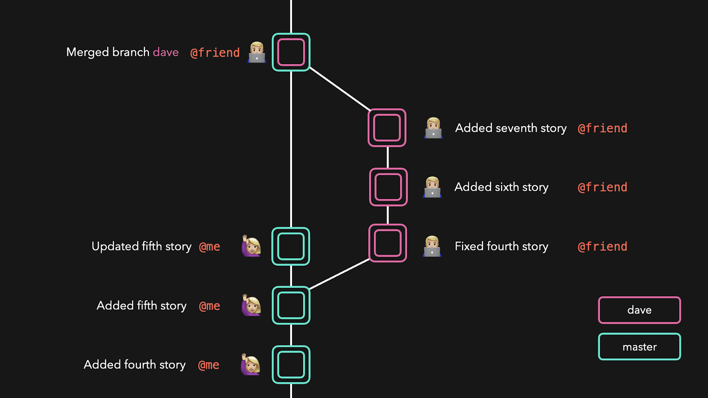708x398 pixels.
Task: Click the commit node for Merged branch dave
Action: (x=291, y=34)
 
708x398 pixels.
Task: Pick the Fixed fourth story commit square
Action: (x=388, y=225)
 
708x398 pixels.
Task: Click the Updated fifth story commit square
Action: (x=291, y=228)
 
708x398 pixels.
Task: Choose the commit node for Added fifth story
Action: (x=291, y=287)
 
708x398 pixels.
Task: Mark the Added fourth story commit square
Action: (x=291, y=347)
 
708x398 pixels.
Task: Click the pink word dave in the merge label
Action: (x=165, y=52)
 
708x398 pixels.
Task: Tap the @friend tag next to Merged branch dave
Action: (x=215, y=53)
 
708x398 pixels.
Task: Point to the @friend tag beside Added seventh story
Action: (x=602, y=129)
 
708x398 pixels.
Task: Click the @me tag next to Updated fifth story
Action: (x=210, y=247)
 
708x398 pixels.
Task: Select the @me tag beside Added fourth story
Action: (x=208, y=365)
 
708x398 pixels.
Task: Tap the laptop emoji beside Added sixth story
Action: (x=432, y=187)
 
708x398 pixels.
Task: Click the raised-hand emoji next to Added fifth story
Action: (x=251, y=305)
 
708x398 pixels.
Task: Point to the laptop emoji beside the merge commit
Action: (x=257, y=52)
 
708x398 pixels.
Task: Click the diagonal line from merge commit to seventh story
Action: (x=340, y=89)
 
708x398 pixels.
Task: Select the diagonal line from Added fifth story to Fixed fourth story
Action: (x=339, y=274)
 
